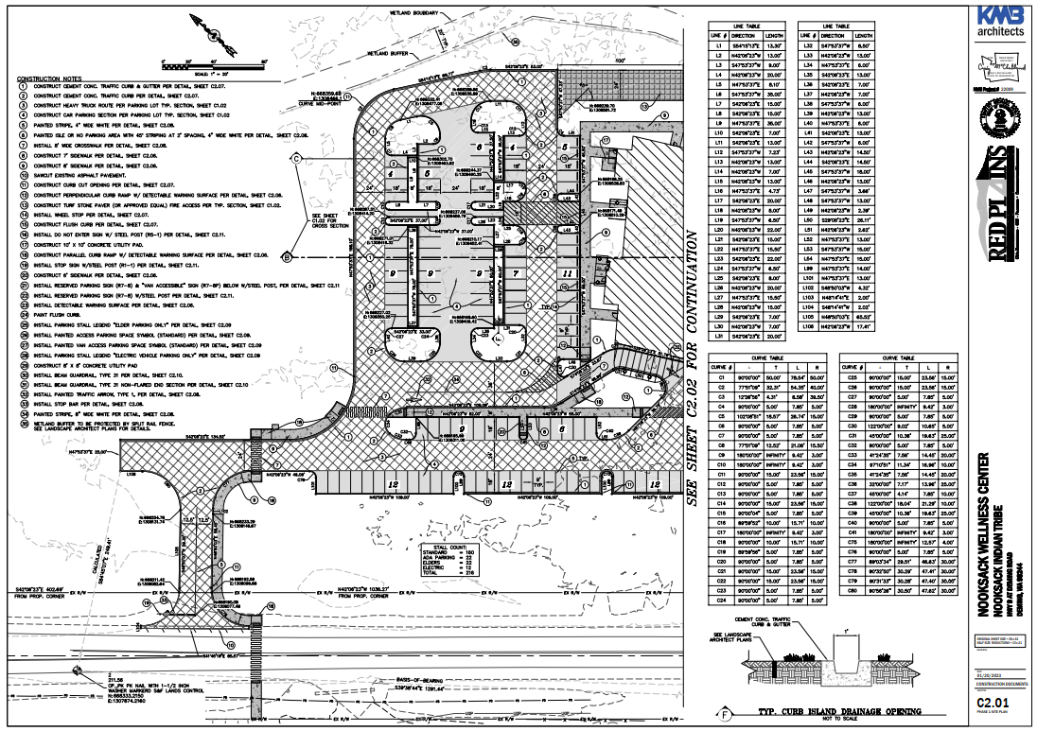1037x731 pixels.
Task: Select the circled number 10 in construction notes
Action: (x=22, y=174)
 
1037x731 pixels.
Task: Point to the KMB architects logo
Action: (x=1003, y=22)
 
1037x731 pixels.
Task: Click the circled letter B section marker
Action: (x=296, y=255)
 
